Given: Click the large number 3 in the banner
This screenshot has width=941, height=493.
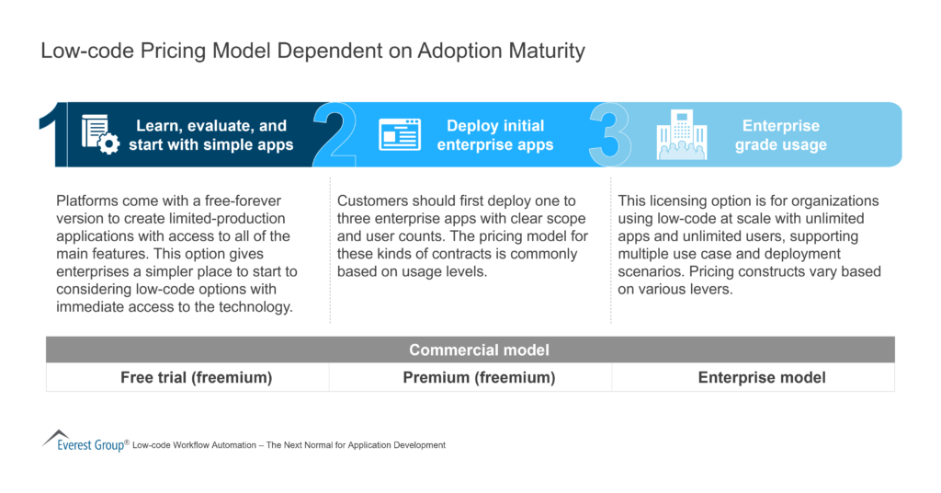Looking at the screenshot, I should [610, 135].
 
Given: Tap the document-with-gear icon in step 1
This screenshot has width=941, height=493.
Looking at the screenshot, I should [100, 135].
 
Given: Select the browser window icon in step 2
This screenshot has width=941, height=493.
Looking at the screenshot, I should [399, 135].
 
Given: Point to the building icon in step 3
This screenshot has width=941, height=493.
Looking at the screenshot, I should [682, 135].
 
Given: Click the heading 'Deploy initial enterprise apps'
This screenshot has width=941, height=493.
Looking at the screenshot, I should [495, 135].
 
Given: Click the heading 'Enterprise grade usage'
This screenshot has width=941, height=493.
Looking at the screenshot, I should [780, 135].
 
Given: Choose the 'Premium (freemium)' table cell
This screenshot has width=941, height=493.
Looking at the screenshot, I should [470, 377].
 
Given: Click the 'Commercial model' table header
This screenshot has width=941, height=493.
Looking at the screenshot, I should [470, 350].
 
